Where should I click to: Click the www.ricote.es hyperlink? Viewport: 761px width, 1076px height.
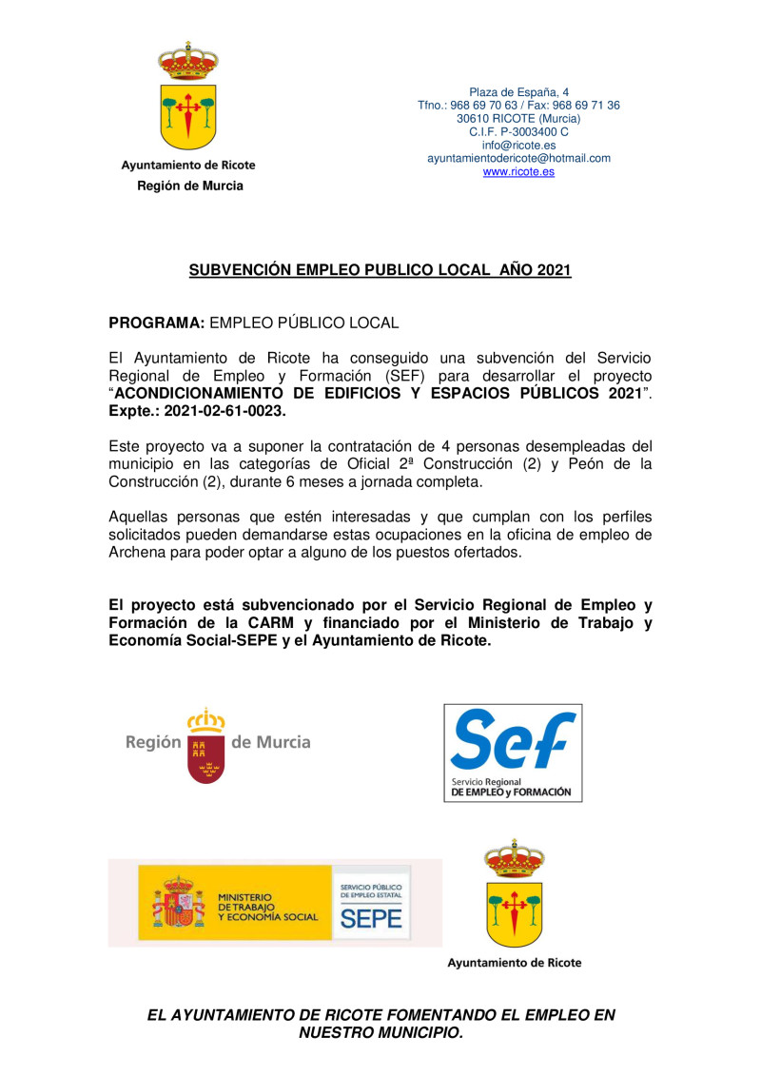point(518,172)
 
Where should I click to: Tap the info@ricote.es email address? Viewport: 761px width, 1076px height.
point(518,146)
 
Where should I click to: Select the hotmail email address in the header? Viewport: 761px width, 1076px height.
point(518,159)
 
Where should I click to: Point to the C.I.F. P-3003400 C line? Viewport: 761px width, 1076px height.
point(518,132)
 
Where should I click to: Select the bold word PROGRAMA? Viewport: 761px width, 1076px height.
point(156,323)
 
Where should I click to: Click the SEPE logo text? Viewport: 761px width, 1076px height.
point(371,917)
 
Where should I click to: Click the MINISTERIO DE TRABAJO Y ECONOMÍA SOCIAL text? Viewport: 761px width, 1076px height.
point(267,906)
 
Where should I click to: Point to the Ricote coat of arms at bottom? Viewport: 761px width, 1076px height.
point(514,893)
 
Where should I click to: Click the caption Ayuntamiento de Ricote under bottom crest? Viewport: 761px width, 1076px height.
point(514,963)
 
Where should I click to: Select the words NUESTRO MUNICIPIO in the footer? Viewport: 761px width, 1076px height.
point(380,1032)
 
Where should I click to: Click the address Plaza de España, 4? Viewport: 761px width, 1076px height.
point(518,92)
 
